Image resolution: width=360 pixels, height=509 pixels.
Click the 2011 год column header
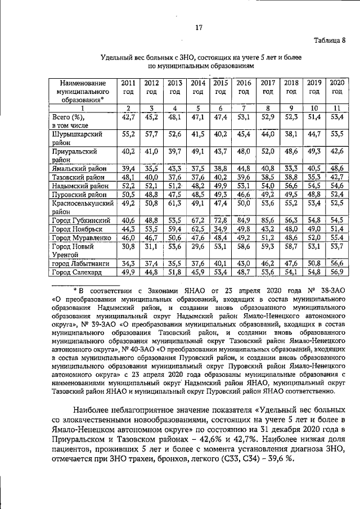[x=128, y=87]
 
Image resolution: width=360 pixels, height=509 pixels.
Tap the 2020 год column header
[x=336, y=87]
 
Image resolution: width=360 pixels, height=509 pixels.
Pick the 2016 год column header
[x=244, y=87]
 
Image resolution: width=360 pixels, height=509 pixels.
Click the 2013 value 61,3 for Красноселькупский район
[x=175, y=204]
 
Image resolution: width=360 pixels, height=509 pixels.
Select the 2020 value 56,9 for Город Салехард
[x=336, y=273]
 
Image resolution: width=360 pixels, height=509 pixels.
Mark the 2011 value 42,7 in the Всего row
[x=128, y=117]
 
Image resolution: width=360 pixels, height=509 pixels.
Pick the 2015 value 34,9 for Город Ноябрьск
[x=220, y=229]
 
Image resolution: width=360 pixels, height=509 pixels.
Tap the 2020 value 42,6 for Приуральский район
[x=336, y=151]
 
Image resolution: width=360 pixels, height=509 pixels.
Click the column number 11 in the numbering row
[x=336, y=108]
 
